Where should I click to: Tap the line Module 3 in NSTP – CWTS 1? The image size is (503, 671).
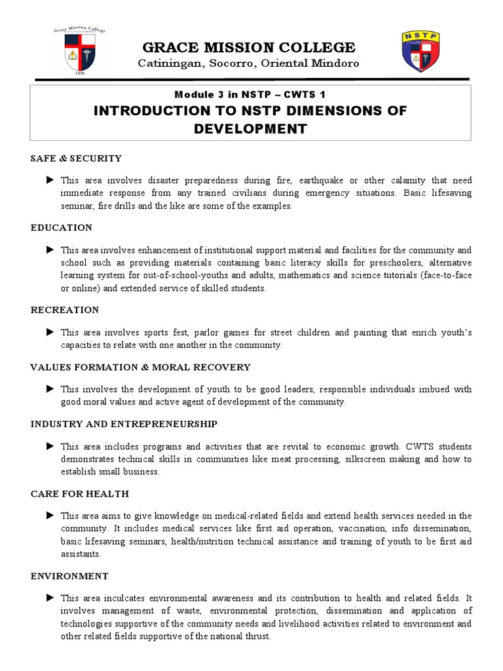pyautogui.click(x=251, y=95)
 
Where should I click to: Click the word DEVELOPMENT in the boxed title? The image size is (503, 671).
pyautogui.click(x=250, y=128)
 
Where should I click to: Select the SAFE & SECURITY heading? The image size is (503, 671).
pyautogui.click(x=76, y=158)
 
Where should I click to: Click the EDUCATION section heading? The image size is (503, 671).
pyautogui.click(x=62, y=227)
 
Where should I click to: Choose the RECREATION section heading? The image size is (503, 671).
pyautogui.click(x=65, y=310)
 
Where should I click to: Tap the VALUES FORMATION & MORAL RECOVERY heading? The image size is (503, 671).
pyautogui.click(x=140, y=367)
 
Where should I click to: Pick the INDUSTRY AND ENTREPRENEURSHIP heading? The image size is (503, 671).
pyautogui.click(x=124, y=424)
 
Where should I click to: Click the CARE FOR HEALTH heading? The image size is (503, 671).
pyautogui.click(x=80, y=493)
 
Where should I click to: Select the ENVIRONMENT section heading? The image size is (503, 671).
pyautogui.click(x=69, y=576)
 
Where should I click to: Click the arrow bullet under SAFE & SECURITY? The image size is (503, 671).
pyautogui.click(x=50, y=180)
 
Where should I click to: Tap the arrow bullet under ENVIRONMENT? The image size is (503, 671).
pyautogui.click(x=50, y=598)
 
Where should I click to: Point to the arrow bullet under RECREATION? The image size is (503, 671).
pyautogui.click(x=50, y=332)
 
